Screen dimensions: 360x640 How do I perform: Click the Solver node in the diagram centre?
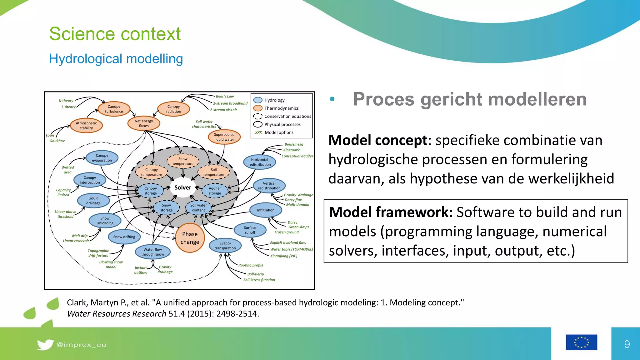tap(183, 187)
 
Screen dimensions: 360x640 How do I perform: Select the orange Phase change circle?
tap(190, 238)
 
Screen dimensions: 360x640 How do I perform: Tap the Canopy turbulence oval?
tap(114, 109)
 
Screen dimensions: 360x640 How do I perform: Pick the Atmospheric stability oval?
tap(86, 126)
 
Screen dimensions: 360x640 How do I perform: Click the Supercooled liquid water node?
tap(224, 137)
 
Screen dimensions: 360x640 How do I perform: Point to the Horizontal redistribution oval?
tap(259, 162)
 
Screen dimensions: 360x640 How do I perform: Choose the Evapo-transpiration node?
tap(225, 246)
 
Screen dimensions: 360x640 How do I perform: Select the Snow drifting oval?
tap(124, 237)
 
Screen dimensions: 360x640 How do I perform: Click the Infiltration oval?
tap(266, 210)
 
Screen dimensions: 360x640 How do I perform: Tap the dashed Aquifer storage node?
tap(215, 191)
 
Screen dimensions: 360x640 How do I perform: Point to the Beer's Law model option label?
tap(225, 96)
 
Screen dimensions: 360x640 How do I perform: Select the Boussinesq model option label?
tap(294, 144)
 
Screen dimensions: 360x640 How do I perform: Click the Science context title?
tap(115, 34)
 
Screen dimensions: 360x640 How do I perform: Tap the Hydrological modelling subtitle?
tap(116, 59)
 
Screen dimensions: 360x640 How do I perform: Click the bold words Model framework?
tap(391, 212)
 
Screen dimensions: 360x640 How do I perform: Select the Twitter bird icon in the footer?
tap(45, 344)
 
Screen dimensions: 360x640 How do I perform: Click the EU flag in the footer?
tap(581, 342)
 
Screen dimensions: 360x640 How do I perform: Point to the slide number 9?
tap(627, 344)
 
